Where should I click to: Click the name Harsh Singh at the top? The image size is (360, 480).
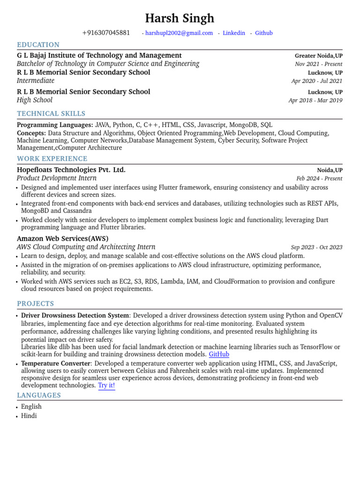180,18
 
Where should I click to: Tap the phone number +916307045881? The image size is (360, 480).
106,33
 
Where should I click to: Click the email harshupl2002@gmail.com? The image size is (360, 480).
179,33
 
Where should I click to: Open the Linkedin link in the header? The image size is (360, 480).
234,33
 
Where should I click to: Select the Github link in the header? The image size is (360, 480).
263,33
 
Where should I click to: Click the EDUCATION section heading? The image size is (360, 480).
38,45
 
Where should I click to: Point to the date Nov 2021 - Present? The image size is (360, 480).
318,64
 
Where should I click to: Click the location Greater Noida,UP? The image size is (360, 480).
318,56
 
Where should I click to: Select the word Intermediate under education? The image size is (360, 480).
36,81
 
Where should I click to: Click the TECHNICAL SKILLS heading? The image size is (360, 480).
51,114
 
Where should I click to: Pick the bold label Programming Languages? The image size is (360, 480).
55,125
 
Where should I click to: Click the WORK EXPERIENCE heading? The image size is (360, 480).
52,159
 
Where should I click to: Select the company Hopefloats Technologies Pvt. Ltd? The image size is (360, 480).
71,170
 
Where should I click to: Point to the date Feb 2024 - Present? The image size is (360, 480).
319,179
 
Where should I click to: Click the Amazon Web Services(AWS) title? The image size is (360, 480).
63,239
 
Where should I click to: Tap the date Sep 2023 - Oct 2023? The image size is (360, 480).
316,247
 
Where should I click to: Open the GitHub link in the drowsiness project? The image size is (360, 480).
219,354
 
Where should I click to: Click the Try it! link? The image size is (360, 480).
106,385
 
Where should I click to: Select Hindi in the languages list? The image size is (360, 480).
29,416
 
